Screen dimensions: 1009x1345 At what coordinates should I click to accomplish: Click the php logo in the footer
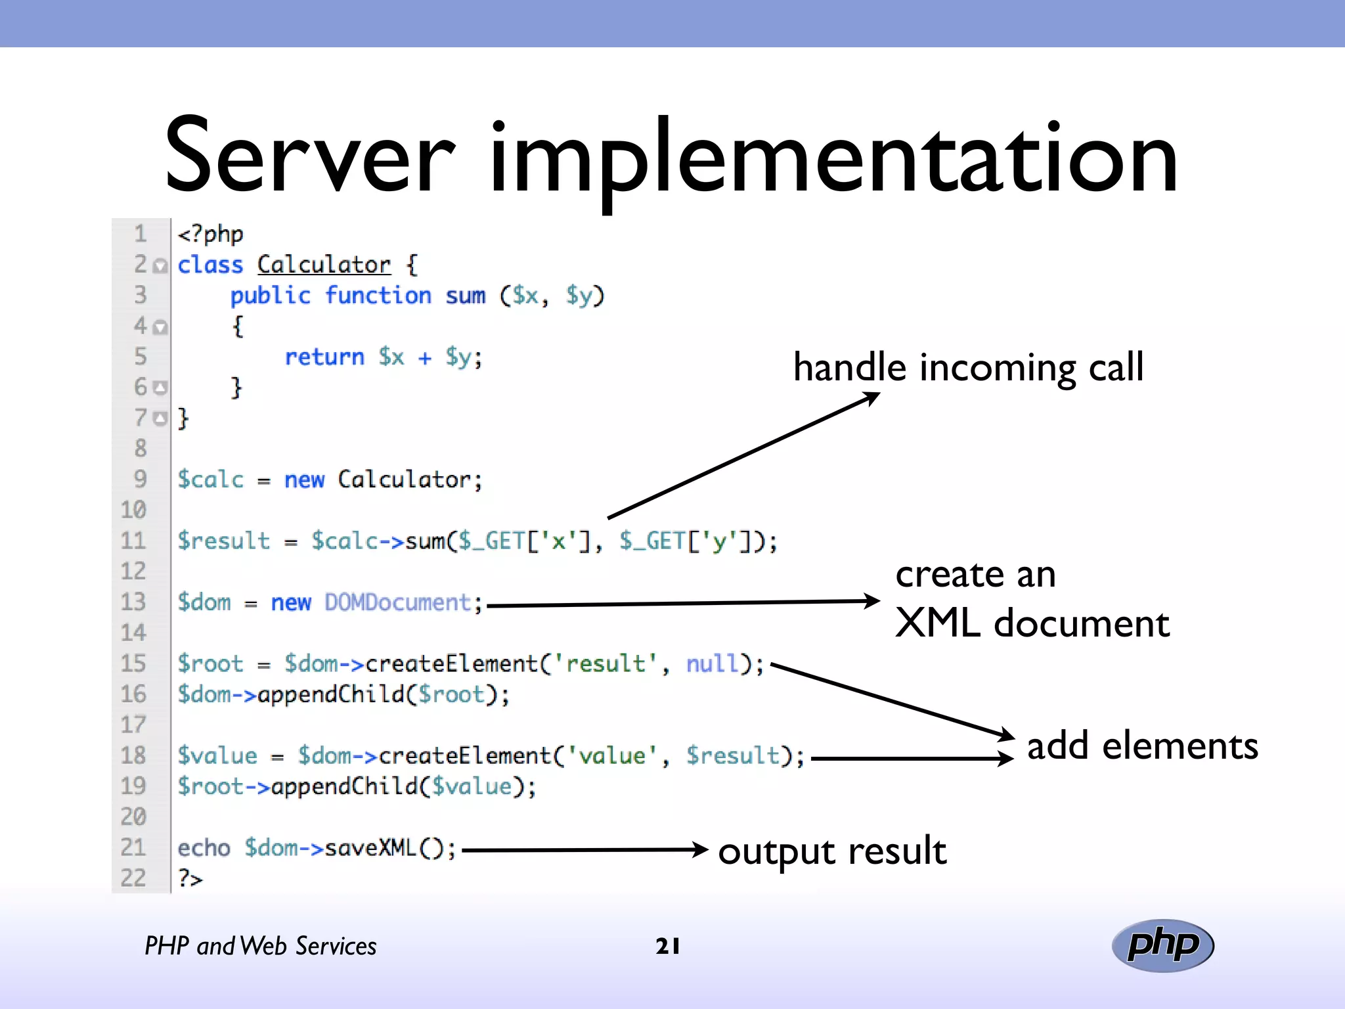1162,945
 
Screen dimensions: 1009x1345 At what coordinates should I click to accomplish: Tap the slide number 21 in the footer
668,946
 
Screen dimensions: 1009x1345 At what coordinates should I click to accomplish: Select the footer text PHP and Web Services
261,946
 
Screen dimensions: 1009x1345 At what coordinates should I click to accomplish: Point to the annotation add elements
1142,746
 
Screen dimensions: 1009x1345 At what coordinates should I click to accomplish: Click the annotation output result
832,851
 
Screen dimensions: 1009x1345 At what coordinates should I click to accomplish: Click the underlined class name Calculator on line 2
324,265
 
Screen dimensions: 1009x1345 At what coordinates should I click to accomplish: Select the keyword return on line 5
324,357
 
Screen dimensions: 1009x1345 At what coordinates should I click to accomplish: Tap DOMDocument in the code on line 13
398,602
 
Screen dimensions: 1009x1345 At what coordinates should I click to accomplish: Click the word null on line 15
713,663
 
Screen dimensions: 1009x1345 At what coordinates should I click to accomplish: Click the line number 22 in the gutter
133,878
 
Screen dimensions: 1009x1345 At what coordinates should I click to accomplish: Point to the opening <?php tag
210,234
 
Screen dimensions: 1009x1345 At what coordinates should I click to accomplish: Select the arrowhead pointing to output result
701,849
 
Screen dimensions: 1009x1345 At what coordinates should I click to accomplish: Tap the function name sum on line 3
465,296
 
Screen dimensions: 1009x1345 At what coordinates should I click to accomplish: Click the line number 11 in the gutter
133,541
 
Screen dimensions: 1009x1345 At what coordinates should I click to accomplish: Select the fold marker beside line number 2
160,266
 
